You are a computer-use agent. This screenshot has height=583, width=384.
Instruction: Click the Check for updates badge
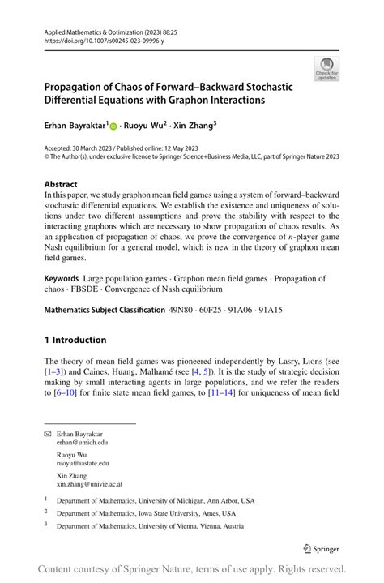(x=326, y=69)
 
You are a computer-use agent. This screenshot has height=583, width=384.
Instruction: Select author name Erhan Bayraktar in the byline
(x=74, y=126)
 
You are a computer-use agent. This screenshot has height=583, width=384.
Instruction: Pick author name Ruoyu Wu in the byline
(x=144, y=126)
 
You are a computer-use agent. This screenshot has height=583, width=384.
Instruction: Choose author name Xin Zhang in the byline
(x=195, y=126)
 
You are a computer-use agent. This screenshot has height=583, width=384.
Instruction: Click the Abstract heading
(x=61, y=184)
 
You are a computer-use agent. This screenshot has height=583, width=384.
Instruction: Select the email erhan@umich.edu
(x=82, y=443)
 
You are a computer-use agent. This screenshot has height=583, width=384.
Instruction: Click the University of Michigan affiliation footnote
(x=155, y=500)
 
